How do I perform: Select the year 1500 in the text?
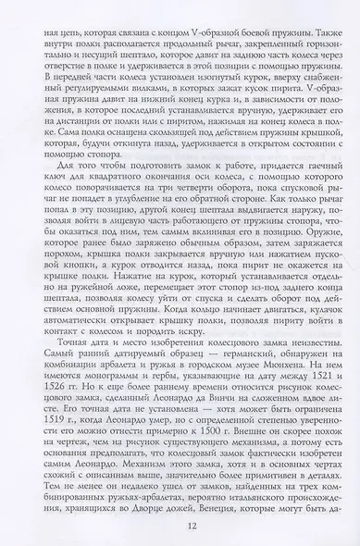pyautogui.click(x=181, y=428)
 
